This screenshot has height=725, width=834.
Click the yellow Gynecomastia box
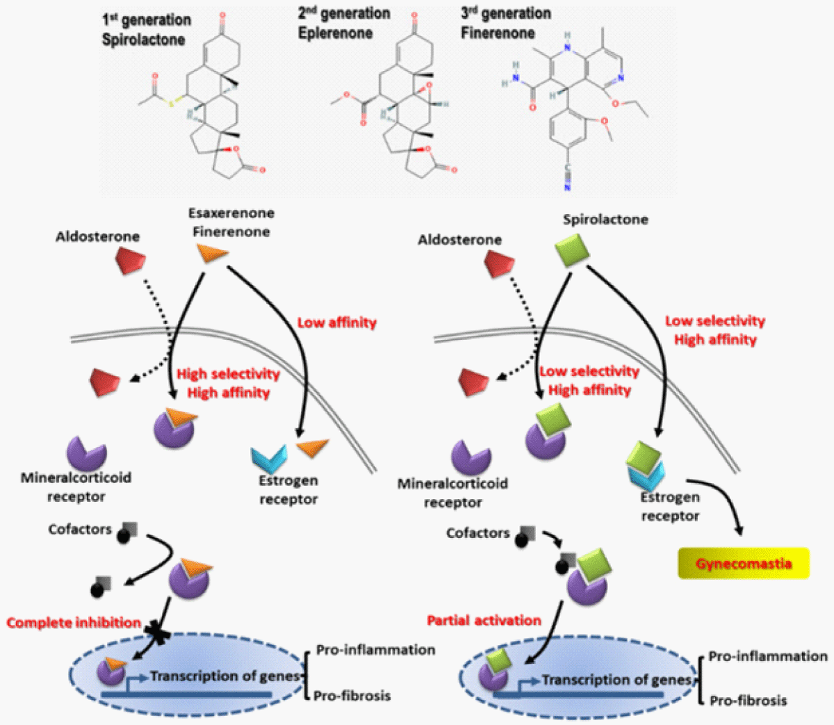[x=743, y=563]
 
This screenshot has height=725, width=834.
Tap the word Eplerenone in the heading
[x=335, y=33]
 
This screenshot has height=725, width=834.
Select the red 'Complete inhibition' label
[x=74, y=623]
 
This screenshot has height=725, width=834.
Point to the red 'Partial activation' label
[x=484, y=621]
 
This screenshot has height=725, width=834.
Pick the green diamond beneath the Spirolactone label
[x=572, y=250]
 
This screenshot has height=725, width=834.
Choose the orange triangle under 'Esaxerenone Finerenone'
[x=213, y=252]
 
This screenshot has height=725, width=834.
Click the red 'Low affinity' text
[x=336, y=323]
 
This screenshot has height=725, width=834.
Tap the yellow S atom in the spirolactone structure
[x=171, y=104]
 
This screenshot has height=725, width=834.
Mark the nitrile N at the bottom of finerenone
[x=567, y=188]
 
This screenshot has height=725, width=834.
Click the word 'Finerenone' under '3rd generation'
[x=498, y=33]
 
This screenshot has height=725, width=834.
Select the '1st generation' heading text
[x=147, y=20]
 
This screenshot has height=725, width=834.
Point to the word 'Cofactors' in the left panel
[x=80, y=530]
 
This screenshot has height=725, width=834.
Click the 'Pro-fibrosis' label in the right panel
[x=749, y=701]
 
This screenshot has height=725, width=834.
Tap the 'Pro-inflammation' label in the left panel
[x=376, y=650]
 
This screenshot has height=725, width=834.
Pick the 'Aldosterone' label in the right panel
[x=459, y=240]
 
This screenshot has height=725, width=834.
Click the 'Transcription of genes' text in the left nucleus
[x=225, y=676]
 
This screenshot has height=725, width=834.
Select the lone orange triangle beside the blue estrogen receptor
[x=312, y=447]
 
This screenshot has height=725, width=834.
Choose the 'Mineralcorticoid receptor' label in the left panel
[x=76, y=487]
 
